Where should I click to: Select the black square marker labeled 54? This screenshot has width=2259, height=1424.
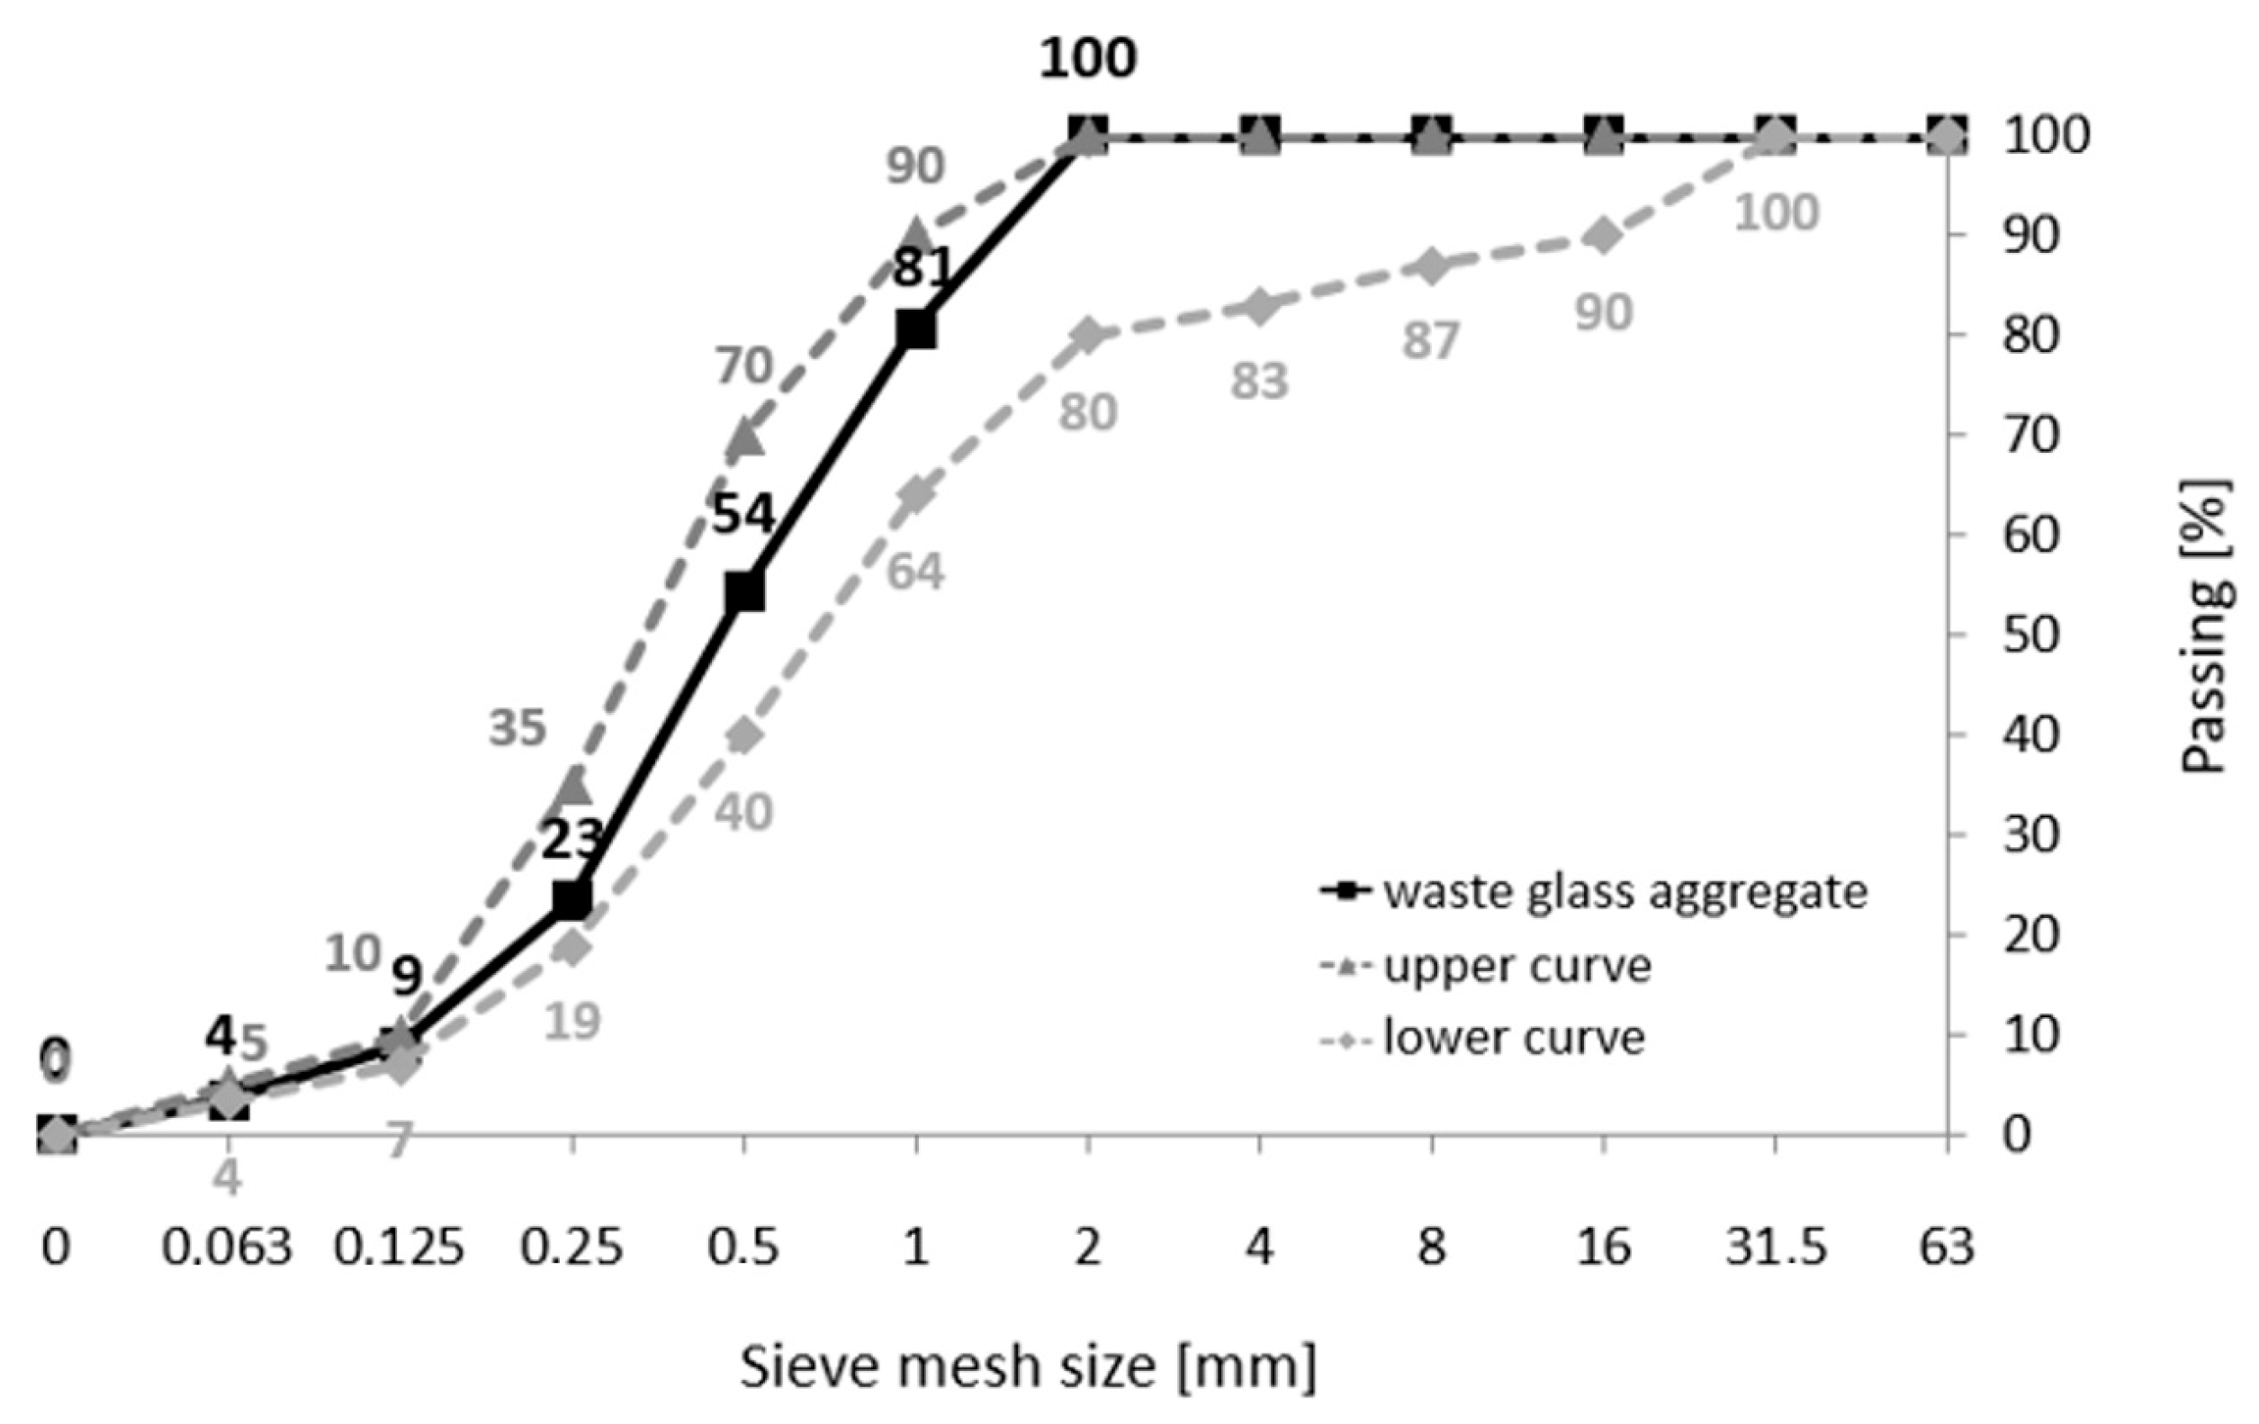tap(744, 592)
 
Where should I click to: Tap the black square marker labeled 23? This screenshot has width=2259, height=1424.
tap(572, 898)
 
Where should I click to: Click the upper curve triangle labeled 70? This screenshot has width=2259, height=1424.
tap(745, 437)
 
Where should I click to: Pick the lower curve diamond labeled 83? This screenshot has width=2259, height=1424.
tap(1260, 306)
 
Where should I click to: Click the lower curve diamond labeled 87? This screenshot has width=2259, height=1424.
tap(1432, 266)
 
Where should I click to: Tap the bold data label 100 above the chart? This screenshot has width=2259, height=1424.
tap(1087, 59)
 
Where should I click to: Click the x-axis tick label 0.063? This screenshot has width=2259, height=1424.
tap(227, 1248)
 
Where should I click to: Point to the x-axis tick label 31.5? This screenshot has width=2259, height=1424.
tap(1776, 1248)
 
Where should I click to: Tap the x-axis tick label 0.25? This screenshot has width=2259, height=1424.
tap(572, 1248)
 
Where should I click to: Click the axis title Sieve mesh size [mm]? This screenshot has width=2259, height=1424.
tap(1028, 1366)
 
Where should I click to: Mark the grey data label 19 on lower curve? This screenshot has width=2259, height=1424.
tap(571, 1021)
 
